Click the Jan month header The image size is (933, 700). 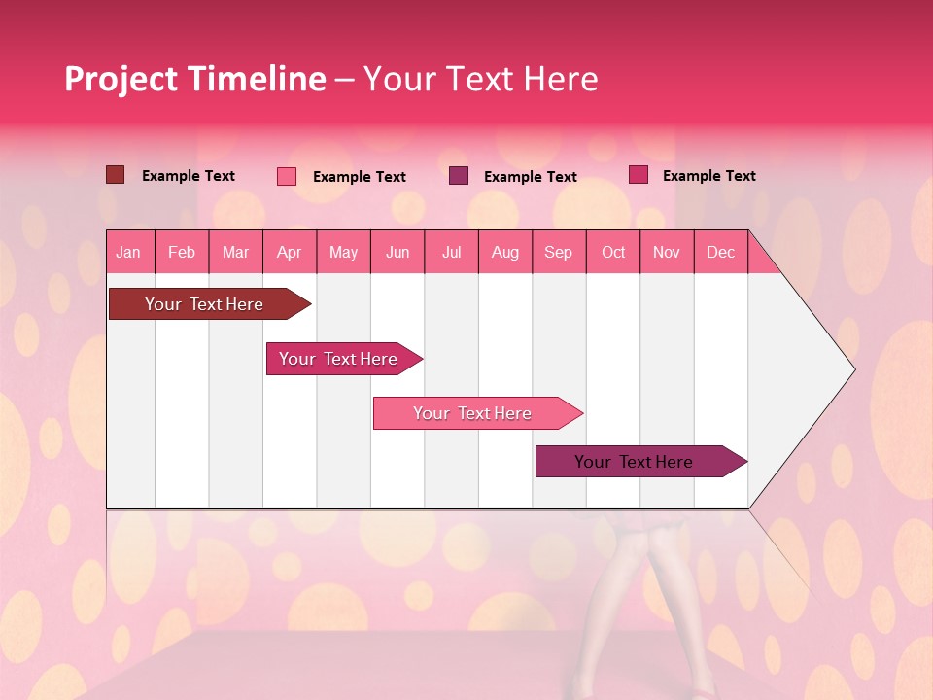(128, 252)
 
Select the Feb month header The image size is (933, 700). (182, 252)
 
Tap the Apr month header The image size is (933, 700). (289, 252)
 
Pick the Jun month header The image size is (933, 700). (397, 252)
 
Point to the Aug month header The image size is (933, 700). (504, 252)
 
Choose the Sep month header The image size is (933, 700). (558, 252)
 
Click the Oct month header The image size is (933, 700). (613, 252)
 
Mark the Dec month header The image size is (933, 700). (720, 252)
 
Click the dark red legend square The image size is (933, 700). (116, 175)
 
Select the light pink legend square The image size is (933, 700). (287, 176)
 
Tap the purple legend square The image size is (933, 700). (459, 176)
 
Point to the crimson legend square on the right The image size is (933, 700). (639, 175)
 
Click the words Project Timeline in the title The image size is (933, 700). (194, 79)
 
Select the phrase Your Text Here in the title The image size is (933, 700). (481, 79)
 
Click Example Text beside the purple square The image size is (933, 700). (530, 177)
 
